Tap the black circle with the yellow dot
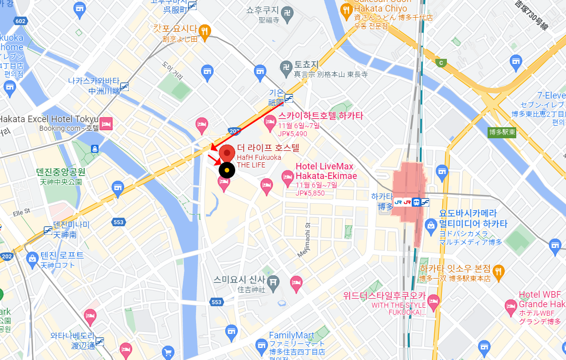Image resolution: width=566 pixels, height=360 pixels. pyautogui.click(x=227, y=170)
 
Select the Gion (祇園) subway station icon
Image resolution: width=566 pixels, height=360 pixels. pyautogui.click(x=289, y=98)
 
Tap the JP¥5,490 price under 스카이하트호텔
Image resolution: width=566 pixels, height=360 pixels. pyautogui.click(x=293, y=134)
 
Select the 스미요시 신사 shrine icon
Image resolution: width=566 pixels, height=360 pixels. pyautogui.click(x=273, y=281)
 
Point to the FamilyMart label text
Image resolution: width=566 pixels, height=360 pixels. pyautogui.click(x=292, y=335)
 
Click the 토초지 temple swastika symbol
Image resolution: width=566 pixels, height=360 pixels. pyautogui.click(x=286, y=66)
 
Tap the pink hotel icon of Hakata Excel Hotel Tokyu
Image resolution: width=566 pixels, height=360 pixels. pyautogui.click(x=106, y=124)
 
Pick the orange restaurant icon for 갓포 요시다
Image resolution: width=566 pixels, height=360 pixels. pyautogui.click(x=205, y=31)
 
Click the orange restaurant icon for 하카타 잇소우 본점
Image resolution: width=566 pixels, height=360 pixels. pyautogui.click(x=498, y=271)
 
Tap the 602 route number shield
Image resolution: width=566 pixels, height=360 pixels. pyautogui.click(x=21, y=21)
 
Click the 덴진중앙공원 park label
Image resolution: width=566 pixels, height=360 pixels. pyautogui.click(x=61, y=171)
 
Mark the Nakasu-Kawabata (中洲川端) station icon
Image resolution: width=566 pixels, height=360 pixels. pyautogui.click(x=124, y=86)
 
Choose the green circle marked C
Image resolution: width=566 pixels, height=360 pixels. pyautogui.click(x=441, y=63)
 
